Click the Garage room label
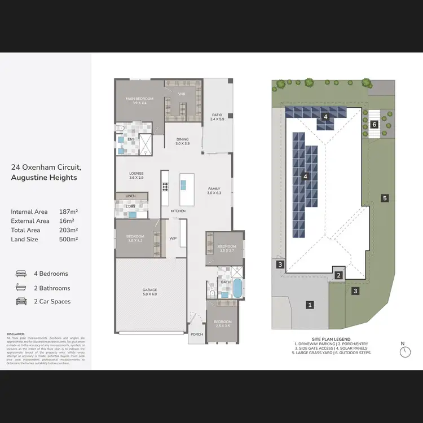[x=149, y=292]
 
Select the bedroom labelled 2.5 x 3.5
[x=223, y=324]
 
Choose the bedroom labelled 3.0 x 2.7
[x=226, y=249]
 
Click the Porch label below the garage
[x=197, y=334]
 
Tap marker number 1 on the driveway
[x=309, y=305]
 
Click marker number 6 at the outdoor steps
[x=374, y=124]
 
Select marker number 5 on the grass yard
[x=385, y=198]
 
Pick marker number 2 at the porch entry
[x=338, y=275]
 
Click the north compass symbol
[x=405, y=351]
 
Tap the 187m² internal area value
[x=68, y=211]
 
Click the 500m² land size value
[x=68, y=239]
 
